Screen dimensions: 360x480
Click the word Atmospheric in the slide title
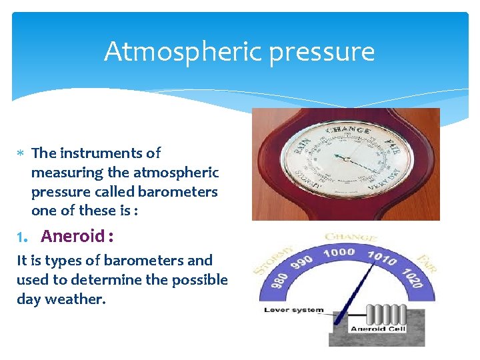point(172,51)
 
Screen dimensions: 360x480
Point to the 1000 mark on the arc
point(339,253)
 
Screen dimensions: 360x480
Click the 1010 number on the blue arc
point(383,258)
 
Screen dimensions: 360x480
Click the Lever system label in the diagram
point(294,310)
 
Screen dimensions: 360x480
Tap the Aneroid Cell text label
point(377,329)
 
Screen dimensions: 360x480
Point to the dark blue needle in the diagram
point(352,287)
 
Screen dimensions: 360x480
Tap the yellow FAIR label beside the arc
point(426,263)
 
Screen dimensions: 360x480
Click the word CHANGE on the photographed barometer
point(347,130)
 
